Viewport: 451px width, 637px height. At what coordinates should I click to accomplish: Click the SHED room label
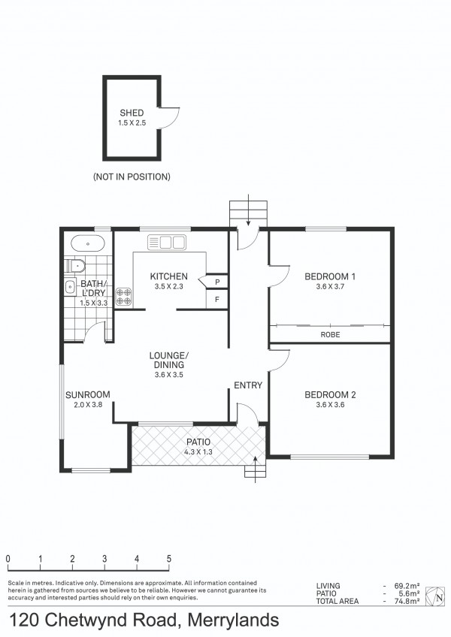pos(132,113)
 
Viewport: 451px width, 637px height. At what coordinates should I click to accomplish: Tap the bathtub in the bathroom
pos(88,243)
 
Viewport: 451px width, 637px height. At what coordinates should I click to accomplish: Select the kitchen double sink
pos(167,242)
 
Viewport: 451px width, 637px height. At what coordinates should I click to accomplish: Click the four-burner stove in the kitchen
pos(123,297)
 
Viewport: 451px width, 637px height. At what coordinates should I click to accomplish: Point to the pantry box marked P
pos(217,282)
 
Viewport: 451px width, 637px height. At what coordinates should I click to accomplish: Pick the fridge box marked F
pos(217,300)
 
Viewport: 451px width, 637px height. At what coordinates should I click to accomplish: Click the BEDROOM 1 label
pos(330,276)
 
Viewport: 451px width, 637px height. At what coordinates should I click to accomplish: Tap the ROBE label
pos(330,335)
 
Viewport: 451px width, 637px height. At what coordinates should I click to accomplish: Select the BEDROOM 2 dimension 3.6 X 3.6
pos(330,405)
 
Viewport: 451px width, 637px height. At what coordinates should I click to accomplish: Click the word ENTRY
pos(248,385)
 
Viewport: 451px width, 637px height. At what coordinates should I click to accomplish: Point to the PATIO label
pos(198,442)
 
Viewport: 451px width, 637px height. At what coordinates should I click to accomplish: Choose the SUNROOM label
pos(88,394)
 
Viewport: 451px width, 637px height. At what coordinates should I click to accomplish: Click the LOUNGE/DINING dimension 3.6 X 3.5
pos(169,375)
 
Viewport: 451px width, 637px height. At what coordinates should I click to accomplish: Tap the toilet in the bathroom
pos(76,266)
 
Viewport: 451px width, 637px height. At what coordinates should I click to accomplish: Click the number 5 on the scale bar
pos(169,559)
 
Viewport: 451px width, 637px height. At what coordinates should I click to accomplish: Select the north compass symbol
pos(435,596)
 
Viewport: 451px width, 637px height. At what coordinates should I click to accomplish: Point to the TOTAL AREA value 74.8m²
pos(407,601)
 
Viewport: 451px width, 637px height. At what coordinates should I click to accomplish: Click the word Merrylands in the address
pos(234,620)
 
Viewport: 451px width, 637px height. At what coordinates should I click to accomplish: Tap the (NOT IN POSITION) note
pos(132,177)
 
